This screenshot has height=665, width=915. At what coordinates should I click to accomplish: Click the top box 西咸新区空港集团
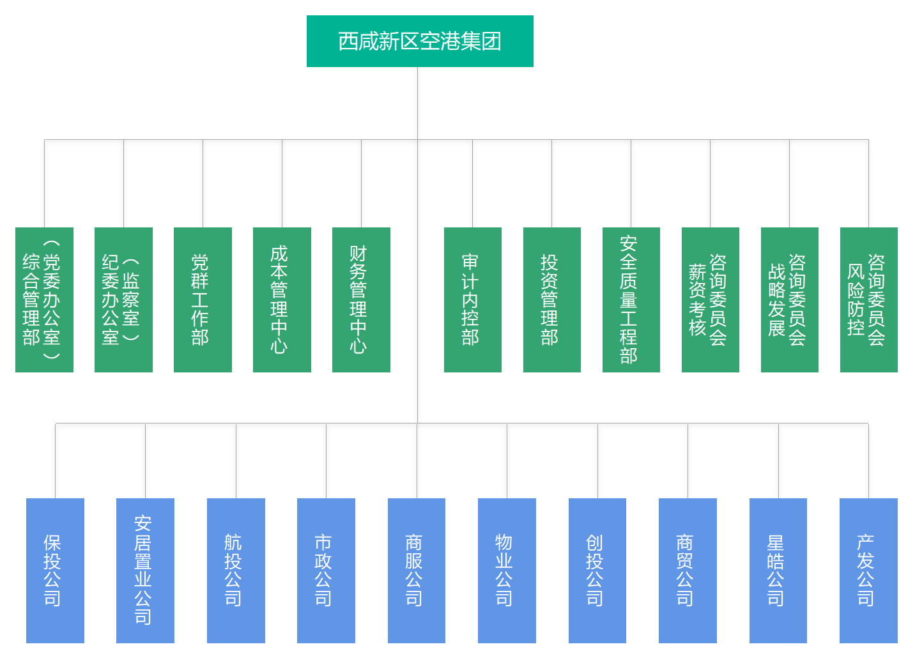pos(420,42)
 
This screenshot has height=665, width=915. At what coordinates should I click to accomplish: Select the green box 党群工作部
pos(203,300)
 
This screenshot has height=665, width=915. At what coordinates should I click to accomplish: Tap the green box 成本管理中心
pos(282,300)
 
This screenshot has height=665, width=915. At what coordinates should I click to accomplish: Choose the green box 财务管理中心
pos(361,300)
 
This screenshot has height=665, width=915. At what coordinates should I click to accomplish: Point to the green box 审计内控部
pos(473,300)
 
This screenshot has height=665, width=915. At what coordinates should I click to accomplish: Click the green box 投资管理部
pos(552,300)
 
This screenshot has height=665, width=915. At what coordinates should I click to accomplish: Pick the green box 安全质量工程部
pos(631,300)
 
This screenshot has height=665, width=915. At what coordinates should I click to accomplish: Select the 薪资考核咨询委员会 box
pos(711,300)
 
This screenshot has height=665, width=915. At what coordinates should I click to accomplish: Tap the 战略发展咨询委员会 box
pos(790,300)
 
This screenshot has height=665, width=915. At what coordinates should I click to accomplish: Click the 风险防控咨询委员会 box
pos(869,300)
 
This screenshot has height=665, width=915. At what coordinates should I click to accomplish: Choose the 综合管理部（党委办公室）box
pos(44,300)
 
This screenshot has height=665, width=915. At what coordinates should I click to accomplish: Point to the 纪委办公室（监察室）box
pos(123,300)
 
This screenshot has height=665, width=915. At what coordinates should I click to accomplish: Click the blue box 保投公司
pos(55,570)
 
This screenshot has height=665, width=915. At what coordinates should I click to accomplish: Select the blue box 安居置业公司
pos(146,570)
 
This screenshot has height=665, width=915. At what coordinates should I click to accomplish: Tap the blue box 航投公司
pos(236,570)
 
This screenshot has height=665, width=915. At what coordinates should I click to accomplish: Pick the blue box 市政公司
pos(326,570)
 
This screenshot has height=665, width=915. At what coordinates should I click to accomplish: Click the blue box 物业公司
pos(507,570)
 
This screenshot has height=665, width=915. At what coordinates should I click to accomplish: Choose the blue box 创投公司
pos(597,570)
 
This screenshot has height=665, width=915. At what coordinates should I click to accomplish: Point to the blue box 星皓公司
pos(778,570)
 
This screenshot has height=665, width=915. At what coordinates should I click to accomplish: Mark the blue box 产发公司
pos(868,570)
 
